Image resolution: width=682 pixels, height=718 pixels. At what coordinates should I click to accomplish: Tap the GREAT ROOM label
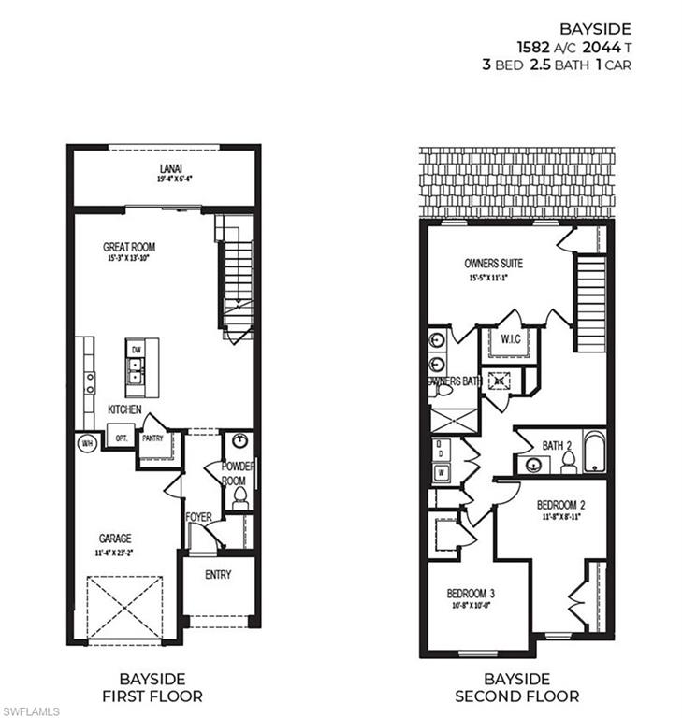129,248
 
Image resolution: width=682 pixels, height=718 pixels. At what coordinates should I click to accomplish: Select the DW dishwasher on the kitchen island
135,349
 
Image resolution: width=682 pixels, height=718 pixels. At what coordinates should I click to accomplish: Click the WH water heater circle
87,442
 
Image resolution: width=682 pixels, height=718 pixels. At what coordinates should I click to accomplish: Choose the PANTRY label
152,438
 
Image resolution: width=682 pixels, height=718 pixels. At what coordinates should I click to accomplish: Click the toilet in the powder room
239,496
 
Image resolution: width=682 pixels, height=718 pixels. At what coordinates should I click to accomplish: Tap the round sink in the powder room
239,442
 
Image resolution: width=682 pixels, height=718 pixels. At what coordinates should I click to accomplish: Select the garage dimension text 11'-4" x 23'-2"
115,553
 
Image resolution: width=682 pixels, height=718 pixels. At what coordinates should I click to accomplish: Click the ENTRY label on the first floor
218,575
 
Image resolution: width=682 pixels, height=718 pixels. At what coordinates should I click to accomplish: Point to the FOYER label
197,516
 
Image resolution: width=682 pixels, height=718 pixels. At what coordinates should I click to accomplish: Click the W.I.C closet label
511,338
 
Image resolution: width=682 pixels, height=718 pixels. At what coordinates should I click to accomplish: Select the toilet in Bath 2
568,462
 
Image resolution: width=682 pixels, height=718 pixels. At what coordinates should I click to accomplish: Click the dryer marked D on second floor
441,451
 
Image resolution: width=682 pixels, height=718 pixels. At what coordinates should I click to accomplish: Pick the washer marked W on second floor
441,473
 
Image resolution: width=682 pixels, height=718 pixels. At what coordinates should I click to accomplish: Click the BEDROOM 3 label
471,593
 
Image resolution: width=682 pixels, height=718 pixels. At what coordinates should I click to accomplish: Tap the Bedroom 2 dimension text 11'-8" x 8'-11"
560,516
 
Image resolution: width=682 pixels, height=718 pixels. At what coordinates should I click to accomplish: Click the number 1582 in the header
534,46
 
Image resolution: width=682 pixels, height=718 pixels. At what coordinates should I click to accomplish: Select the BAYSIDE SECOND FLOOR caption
516,687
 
